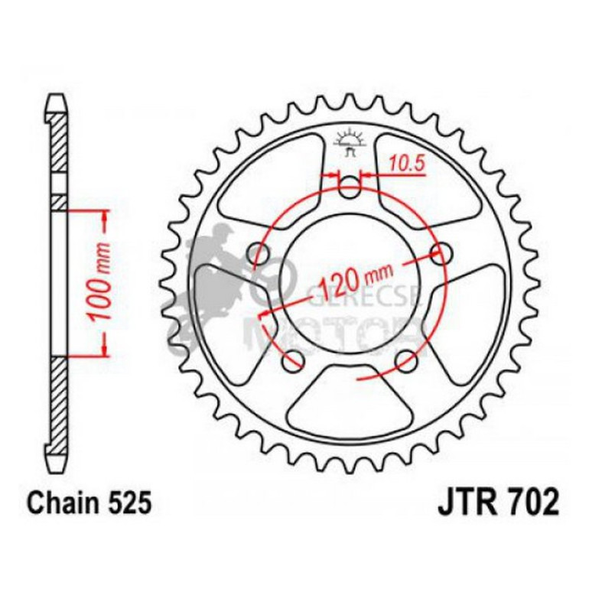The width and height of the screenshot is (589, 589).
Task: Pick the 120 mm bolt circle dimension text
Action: point(354,281)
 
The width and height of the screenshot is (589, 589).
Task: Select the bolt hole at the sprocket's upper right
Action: point(439,253)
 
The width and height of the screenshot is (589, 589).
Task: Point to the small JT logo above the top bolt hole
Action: point(350,143)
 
